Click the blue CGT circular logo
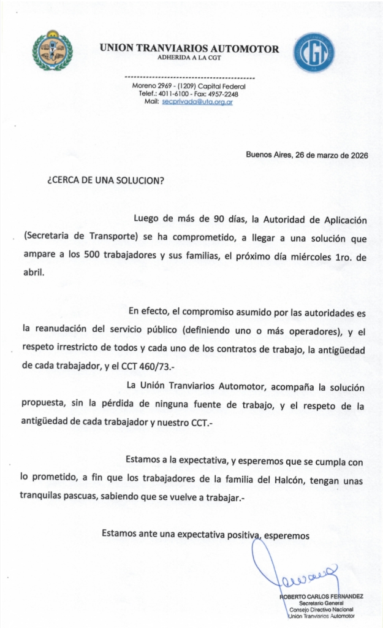314,53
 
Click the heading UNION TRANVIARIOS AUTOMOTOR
189,48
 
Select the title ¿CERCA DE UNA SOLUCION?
105,182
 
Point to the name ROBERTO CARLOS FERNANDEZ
322,596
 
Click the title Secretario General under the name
326,603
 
